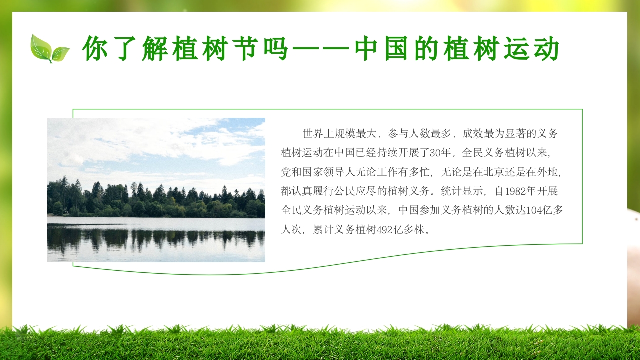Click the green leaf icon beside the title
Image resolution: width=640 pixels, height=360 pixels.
point(49,49)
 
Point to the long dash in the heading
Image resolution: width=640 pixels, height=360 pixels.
point(320,49)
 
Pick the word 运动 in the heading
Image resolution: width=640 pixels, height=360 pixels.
point(534,49)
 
